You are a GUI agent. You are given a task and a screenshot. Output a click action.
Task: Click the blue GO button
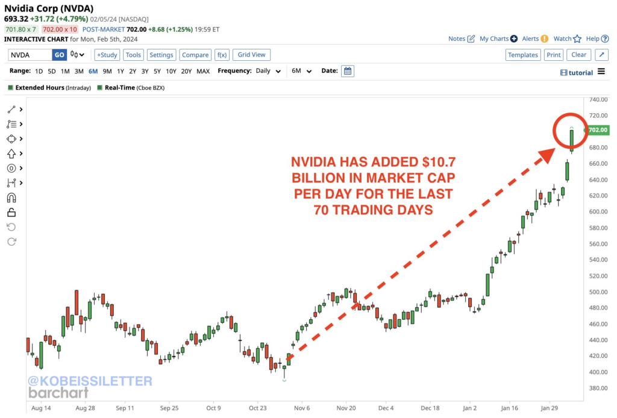point(59,55)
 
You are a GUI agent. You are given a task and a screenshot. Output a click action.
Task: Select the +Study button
point(107,55)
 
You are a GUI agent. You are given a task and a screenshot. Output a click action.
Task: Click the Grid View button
point(251,55)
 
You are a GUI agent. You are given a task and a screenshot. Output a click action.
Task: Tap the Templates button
point(522,55)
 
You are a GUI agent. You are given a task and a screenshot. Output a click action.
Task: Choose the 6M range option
point(93,71)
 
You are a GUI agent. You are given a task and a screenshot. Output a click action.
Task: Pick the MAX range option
point(203,71)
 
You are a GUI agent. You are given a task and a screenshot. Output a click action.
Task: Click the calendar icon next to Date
point(348,71)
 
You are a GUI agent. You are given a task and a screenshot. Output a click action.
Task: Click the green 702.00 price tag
point(598,129)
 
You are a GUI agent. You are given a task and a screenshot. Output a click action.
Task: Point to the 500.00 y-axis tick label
point(598,292)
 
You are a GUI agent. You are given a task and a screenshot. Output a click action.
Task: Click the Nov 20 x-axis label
point(346,407)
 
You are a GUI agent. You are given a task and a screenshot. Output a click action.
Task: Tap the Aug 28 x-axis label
point(86,407)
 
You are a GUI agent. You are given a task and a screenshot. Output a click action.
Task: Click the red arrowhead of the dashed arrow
point(546,154)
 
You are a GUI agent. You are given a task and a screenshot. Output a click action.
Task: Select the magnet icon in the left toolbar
point(11,198)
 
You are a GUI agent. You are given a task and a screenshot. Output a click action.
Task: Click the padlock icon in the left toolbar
point(11,212)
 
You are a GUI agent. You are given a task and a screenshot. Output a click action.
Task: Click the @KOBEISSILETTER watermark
point(89,381)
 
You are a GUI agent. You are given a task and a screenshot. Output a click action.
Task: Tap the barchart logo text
point(58,393)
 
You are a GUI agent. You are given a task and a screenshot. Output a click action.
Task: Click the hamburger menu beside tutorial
point(601,72)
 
